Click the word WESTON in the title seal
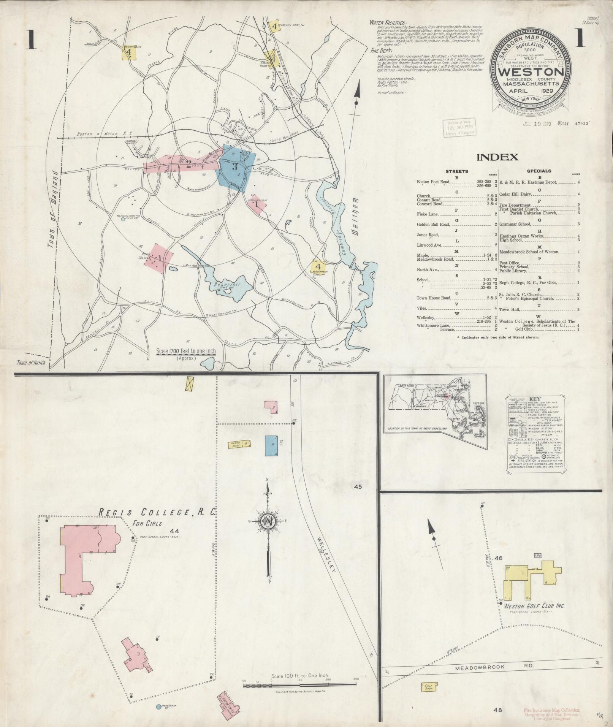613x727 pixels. point(531,72)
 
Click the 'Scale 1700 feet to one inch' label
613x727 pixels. point(186,351)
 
